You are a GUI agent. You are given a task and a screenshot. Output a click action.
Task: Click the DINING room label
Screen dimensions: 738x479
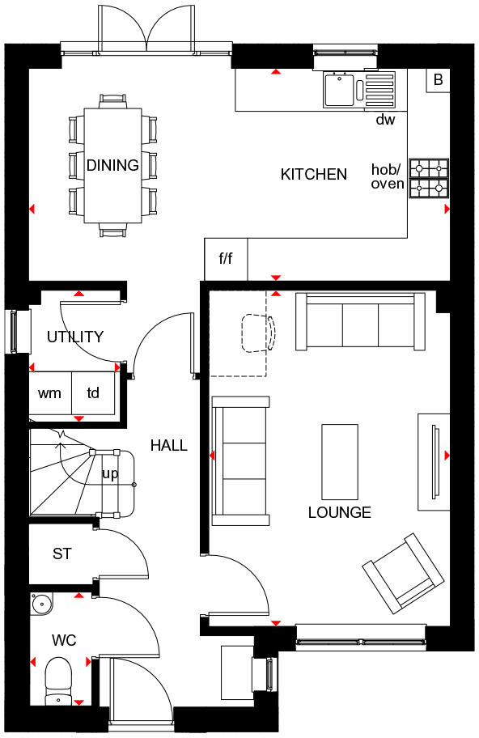[112, 166]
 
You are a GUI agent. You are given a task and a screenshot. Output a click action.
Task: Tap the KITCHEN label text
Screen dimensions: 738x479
[313, 174]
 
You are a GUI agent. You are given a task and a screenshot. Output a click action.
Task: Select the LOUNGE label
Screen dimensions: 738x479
[339, 512]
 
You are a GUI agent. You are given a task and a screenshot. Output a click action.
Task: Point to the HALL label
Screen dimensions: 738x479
[168, 445]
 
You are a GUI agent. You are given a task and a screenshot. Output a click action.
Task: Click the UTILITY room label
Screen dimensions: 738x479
[74, 337]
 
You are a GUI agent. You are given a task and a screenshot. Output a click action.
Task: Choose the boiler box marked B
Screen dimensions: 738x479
[438, 80]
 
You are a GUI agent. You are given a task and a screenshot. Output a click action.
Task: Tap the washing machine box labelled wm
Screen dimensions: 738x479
[49, 393]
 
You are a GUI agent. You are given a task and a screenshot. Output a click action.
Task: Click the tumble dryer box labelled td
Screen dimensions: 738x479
[94, 393]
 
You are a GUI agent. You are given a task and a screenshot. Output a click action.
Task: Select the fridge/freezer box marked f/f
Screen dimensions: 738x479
[226, 259]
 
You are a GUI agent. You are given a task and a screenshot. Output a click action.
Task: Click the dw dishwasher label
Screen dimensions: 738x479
[385, 120]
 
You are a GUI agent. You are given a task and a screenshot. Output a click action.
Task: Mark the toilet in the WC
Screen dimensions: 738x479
[58, 680]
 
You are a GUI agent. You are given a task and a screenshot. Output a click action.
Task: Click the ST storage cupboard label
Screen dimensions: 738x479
[62, 554]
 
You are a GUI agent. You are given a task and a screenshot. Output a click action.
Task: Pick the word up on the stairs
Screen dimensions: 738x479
[109, 474]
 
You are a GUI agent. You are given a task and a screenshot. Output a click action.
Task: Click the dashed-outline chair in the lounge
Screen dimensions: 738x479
[258, 333]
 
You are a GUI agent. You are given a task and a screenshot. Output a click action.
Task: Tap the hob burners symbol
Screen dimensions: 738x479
[429, 178]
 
